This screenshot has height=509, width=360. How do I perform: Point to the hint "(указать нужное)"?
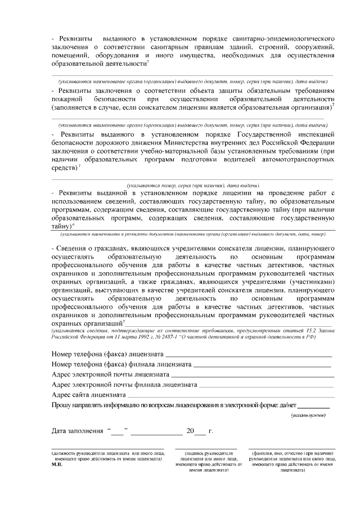click(308, 415)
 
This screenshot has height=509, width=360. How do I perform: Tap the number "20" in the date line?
click(190, 431)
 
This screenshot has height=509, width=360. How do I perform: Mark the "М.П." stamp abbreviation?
click(57, 465)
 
